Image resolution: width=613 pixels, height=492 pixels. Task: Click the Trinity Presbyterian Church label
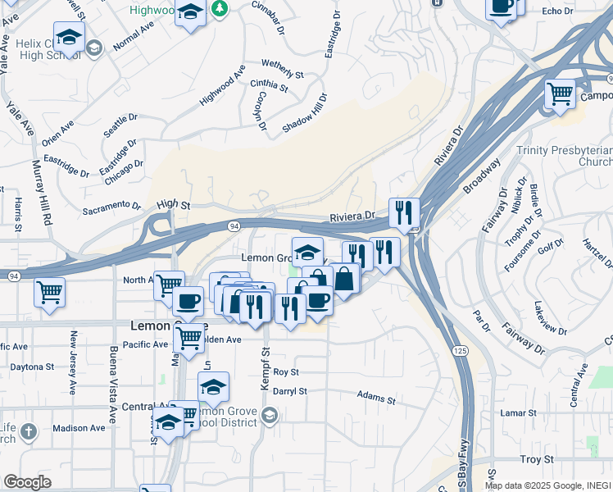pos(564,156)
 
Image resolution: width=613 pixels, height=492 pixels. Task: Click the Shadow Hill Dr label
pos(304,114)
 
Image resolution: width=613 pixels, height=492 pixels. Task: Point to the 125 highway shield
pos(460,351)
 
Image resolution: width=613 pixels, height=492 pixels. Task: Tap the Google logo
pos(27,482)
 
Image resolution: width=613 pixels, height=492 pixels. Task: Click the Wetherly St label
pos(282,68)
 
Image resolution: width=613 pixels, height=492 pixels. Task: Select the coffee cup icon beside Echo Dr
pos(501,6)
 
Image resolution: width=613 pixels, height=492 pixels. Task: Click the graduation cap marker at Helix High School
pos(69,37)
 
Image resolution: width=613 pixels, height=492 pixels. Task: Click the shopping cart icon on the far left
pos(49,291)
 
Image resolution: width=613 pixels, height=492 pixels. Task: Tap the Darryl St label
pos(290,391)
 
